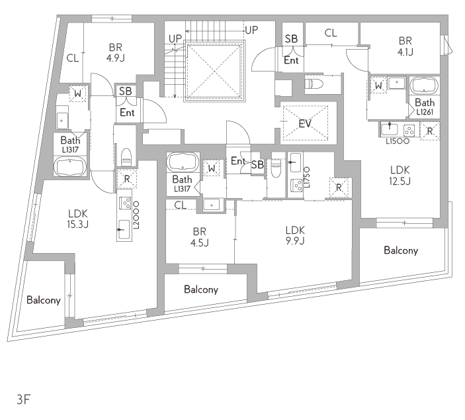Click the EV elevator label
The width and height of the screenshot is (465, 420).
coord(305,123)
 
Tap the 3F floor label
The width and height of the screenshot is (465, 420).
coord(24,399)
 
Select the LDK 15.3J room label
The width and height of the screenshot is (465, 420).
coord(77,219)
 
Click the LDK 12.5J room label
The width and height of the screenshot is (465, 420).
coord(400,176)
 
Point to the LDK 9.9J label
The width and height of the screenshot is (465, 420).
coord(295,235)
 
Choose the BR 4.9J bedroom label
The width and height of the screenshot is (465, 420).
coord(116,52)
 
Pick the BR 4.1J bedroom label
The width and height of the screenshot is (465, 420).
coord(405,46)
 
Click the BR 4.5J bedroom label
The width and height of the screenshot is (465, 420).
coord(199,237)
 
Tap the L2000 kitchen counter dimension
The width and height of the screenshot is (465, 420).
coord(136,215)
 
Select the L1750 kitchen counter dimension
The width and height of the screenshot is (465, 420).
coord(307,177)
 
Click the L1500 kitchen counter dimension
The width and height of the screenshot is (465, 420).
coord(398,141)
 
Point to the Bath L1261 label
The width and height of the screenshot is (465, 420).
coord(425,107)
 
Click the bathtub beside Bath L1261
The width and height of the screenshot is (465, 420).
coord(425,85)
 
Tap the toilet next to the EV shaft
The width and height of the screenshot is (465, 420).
coord(314,83)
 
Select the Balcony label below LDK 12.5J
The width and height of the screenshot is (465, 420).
coord(401,250)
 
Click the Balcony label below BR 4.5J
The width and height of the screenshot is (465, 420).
coord(201,289)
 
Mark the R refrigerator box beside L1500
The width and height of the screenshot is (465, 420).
coord(430,131)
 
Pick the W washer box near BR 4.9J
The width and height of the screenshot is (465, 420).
coord(77,93)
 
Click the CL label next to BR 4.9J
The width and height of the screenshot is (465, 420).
coord(73,58)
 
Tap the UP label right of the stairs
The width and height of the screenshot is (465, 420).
coord(252,30)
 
